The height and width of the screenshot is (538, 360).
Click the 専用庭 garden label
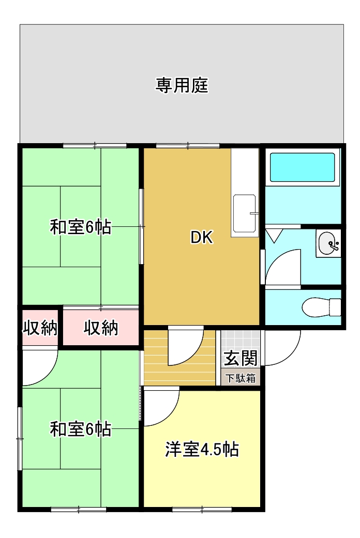click(182, 85)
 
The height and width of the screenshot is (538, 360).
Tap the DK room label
click(202, 237)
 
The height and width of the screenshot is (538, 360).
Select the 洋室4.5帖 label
click(202, 449)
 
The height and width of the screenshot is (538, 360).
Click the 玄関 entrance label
click(241, 358)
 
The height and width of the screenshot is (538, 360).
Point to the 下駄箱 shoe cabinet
click(241, 378)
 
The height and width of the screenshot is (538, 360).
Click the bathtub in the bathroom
click(302, 167)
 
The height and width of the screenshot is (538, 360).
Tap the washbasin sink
click(327, 244)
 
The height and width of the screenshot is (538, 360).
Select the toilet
click(321, 307)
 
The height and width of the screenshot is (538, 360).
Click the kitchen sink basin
click(245, 213)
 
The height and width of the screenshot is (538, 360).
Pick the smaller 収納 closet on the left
click(40, 328)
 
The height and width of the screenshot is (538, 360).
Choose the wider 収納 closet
click(101, 328)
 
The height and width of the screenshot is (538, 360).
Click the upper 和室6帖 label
click(81, 227)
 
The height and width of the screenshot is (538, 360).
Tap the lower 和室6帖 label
click(81, 429)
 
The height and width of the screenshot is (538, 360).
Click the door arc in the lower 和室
click(48, 375)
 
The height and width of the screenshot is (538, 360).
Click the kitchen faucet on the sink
click(253, 213)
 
